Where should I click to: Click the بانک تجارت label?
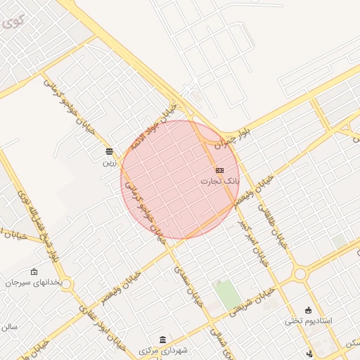tap(219, 181)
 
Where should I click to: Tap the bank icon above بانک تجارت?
tap(219, 170)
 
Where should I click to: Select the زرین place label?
tap(109, 162)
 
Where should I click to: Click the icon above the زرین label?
tap(109, 151)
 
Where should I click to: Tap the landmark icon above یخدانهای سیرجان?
tap(34, 272)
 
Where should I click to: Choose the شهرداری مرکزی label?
tap(163, 349)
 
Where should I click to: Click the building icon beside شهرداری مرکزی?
tap(163, 339)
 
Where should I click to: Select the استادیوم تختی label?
tap(308, 321)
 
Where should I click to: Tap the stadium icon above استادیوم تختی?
tap(308, 310)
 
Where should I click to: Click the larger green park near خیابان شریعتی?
tap(227, 294)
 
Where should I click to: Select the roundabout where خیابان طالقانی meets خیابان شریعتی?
tap(301, 274)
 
